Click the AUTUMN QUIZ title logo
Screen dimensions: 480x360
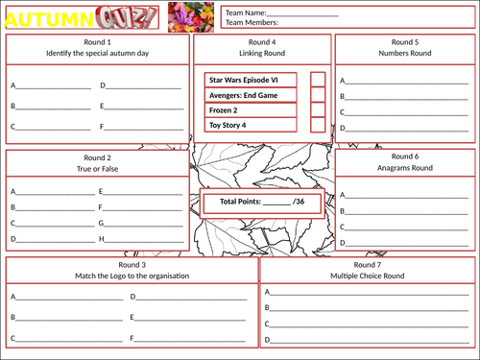point(81,17)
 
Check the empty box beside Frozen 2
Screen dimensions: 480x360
point(318,110)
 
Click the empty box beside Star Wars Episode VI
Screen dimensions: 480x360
point(318,80)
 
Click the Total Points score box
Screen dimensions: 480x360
point(262,203)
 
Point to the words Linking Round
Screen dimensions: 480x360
point(262,54)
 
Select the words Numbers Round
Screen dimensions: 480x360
point(405,54)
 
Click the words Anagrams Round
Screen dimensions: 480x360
point(405,167)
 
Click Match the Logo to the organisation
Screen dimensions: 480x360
point(132,276)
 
